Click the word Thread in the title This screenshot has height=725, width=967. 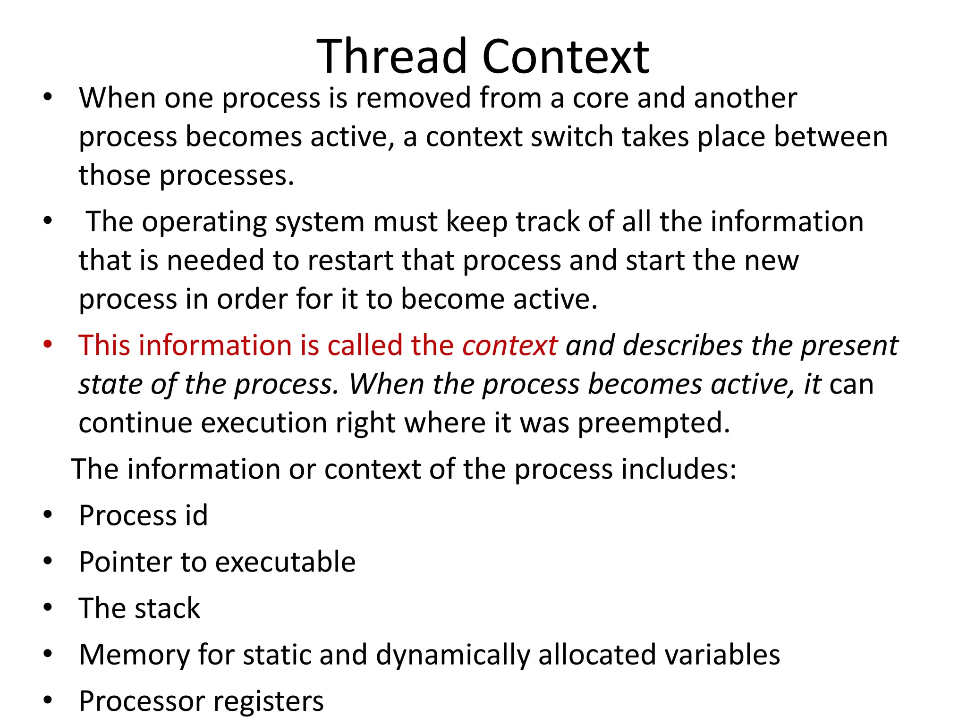(392, 57)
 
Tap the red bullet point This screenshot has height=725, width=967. (47, 344)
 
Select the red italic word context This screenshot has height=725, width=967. (510, 345)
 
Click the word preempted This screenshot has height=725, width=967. (654, 423)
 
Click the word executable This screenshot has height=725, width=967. (282, 562)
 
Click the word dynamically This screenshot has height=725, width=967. (453, 655)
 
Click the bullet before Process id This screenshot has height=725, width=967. (47, 514)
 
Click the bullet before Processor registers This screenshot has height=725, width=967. (47, 700)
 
